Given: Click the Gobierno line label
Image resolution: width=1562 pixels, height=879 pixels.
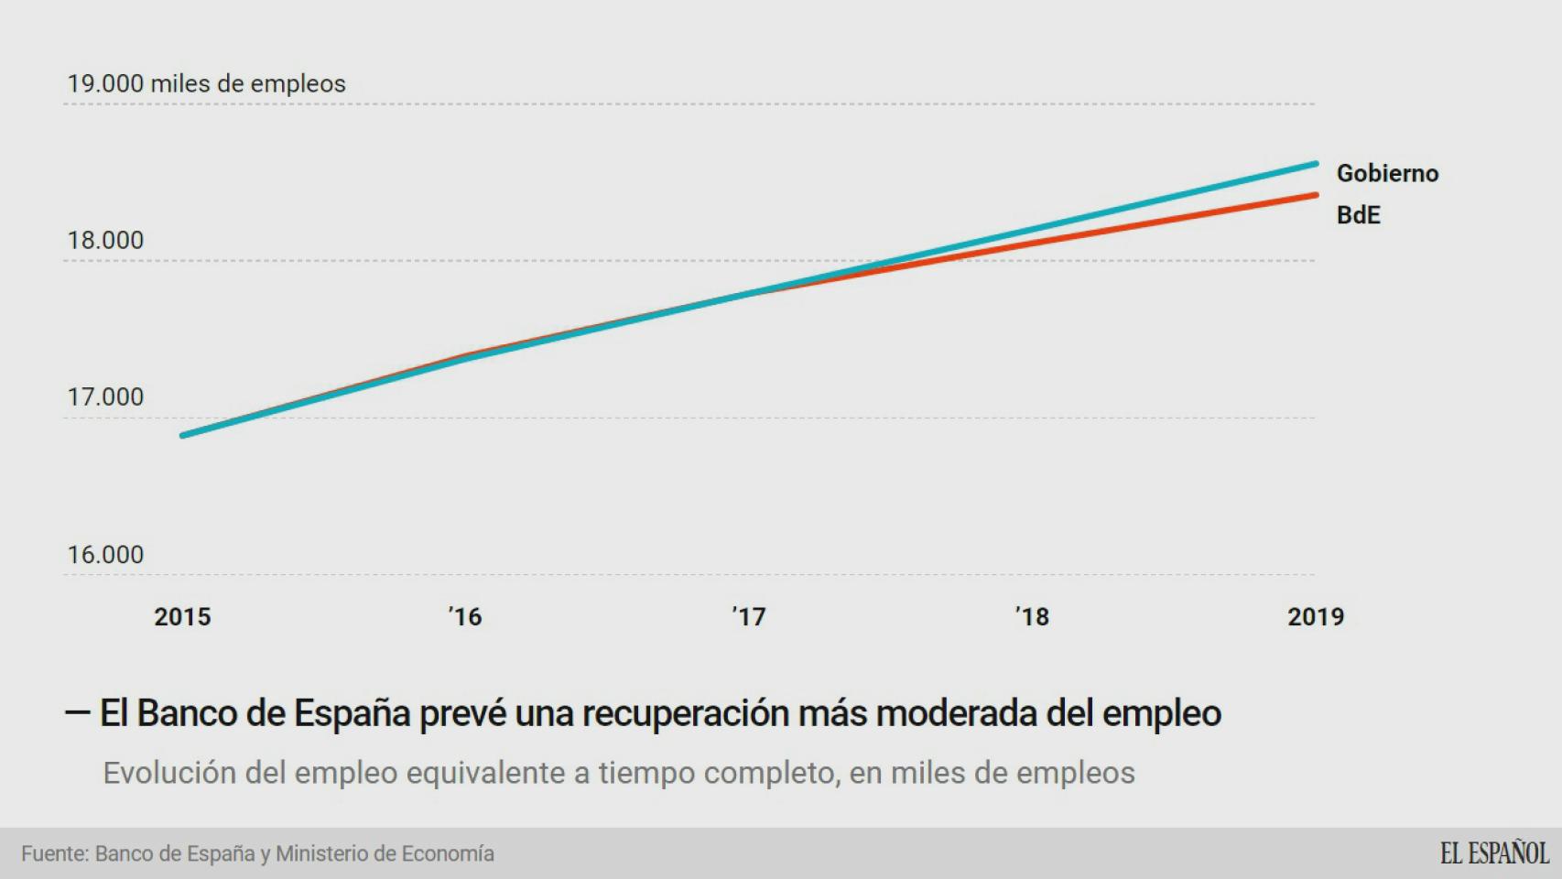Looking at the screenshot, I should pos(1387,173).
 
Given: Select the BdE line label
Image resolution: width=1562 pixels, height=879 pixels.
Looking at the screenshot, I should pos(1358,215).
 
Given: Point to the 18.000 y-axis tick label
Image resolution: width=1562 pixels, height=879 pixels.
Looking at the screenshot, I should pos(105,241).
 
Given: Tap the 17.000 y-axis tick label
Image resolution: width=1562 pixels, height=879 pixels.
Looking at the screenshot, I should pos(105,397).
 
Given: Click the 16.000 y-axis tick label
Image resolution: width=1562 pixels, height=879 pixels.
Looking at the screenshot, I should pos(105,555).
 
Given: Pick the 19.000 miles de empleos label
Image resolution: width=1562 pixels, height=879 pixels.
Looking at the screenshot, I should pos(206,84).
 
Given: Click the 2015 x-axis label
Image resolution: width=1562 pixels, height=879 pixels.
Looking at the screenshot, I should pos(182,617).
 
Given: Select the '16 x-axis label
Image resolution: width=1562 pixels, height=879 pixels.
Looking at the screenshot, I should pos(465,617).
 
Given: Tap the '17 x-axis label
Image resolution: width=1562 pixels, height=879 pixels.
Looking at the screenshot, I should pos(749,617).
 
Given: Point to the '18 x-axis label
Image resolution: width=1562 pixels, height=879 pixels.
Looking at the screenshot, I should pos(1032,617).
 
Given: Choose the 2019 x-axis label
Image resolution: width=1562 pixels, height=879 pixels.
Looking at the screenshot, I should pos(1315,617).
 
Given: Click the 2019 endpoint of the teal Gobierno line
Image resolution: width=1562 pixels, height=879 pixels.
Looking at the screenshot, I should pos(1316,164).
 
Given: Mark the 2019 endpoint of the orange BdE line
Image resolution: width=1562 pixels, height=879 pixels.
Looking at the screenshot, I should pos(1316,195).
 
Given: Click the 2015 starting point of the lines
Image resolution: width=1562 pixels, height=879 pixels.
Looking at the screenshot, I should pos(183,435).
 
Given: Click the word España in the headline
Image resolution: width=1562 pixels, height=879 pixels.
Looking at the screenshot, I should pos(352,713).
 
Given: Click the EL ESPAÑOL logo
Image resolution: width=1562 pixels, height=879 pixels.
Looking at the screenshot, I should pos(1493,853).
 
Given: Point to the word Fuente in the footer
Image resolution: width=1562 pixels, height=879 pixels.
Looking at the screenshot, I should pos(54,853).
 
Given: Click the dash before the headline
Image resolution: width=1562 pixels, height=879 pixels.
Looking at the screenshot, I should pos(77,712).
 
